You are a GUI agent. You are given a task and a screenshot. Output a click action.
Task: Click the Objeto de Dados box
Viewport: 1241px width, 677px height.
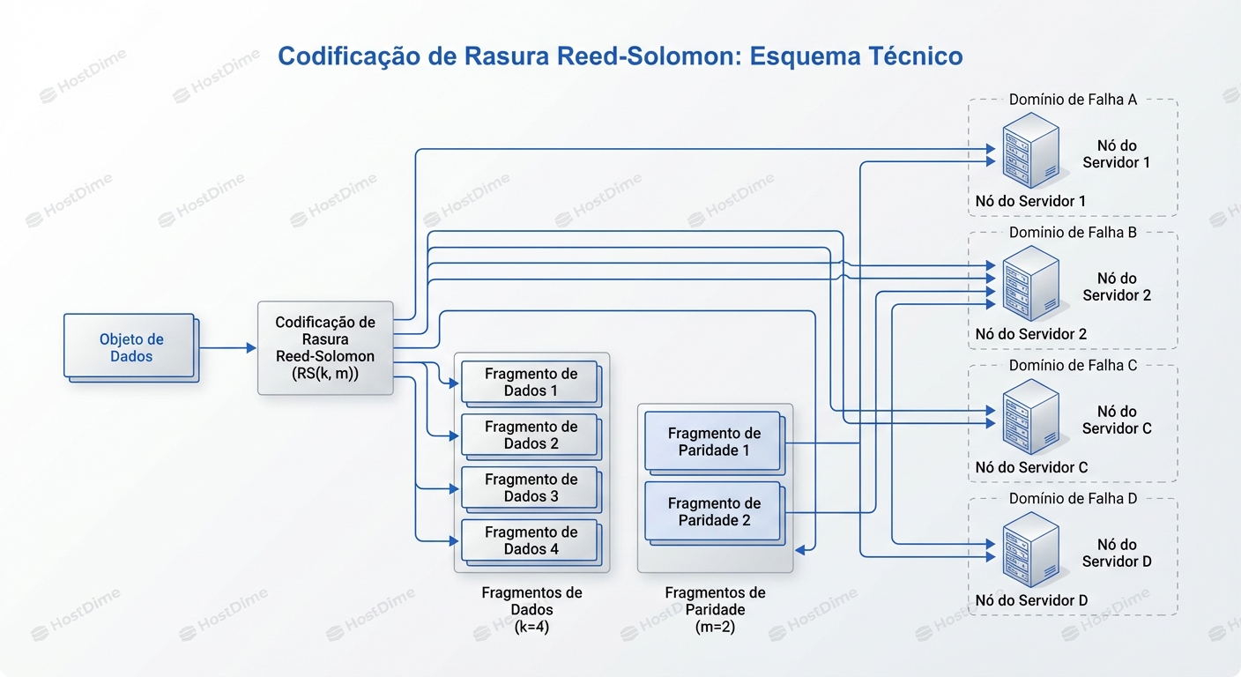(130, 346)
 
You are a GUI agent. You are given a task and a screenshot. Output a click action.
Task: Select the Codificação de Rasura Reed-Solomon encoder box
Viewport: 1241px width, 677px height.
(325, 347)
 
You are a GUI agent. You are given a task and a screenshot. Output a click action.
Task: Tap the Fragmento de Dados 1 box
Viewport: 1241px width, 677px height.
(530, 382)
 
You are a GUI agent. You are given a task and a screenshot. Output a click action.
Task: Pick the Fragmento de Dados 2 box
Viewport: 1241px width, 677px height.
(530, 435)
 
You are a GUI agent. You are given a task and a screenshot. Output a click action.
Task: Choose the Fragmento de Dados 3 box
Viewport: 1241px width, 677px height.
(530, 487)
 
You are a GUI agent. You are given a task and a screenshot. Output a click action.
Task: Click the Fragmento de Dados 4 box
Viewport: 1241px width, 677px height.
(530, 540)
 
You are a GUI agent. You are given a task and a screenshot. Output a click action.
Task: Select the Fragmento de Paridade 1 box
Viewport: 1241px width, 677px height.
(713, 441)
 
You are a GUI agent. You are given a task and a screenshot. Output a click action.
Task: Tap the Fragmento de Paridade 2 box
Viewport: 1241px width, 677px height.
(713, 511)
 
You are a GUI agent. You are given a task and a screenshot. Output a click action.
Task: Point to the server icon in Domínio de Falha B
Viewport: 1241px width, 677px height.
(1029, 281)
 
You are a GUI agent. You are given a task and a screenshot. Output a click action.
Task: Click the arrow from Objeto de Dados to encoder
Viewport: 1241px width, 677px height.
(227, 348)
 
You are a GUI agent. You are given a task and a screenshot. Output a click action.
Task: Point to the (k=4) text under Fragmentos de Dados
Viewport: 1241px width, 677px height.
(531, 627)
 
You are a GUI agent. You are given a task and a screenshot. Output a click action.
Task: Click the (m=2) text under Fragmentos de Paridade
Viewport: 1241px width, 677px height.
(715, 627)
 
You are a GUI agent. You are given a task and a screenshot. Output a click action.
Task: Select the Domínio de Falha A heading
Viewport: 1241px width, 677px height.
(1073, 100)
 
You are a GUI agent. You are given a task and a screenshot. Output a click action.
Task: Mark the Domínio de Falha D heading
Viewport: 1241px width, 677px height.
(1073, 499)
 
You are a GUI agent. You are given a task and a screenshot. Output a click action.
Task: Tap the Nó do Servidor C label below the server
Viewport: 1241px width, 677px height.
(1031, 467)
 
